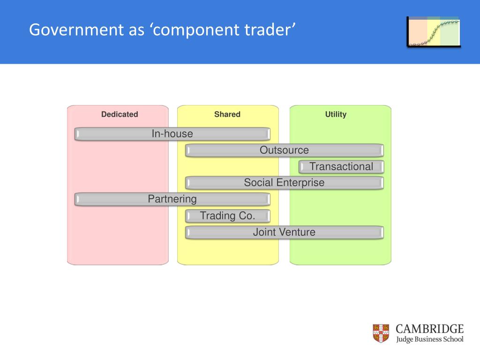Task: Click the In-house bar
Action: pyautogui.click(x=172, y=134)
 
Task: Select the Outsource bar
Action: pyautogui.click(x=284, y=150)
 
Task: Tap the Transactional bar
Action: pyautogui.click(x=341, y=166)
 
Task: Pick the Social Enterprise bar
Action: pyautogui.click(x=284, y=183)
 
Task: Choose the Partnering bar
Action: pyautogui.click(x=172, y=199)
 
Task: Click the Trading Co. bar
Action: pyautogui.click(x=228, y=216)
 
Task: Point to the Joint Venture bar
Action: pyautogui.click(x=284, y=232)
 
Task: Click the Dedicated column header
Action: pyautogui.click(x=120, y=114)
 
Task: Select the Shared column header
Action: pyautogui.click(x=227, y=114)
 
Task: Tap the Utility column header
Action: pyautogui.click(x=336, y=114)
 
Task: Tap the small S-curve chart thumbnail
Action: pyautogui.click(x=434, y=32)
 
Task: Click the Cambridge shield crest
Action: pyautogui.click(x=381, y=333)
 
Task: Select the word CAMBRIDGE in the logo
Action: pyautogui.click(x=429, y=329)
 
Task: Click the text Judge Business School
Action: pyautogui.click(x=429, y=339)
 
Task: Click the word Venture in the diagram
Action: pyautogui.click(x=298, y=232)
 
